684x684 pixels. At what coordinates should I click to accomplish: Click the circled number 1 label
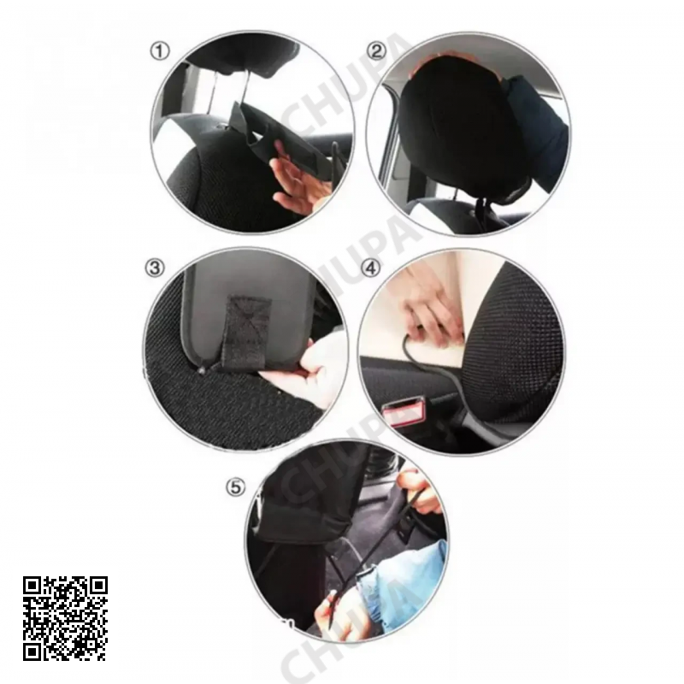(x=160, y=52)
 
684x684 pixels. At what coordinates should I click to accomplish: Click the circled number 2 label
(x=376, y=51)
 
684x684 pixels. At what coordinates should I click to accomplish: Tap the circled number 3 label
(x=155, y=268)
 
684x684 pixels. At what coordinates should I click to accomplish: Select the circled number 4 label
(x=371, y=268)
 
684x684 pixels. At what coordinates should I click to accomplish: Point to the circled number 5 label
(x=236, y=487)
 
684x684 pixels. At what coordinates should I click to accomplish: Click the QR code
(x=66, y=618)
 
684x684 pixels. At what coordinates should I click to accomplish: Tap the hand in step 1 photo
(x=297, y=181)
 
